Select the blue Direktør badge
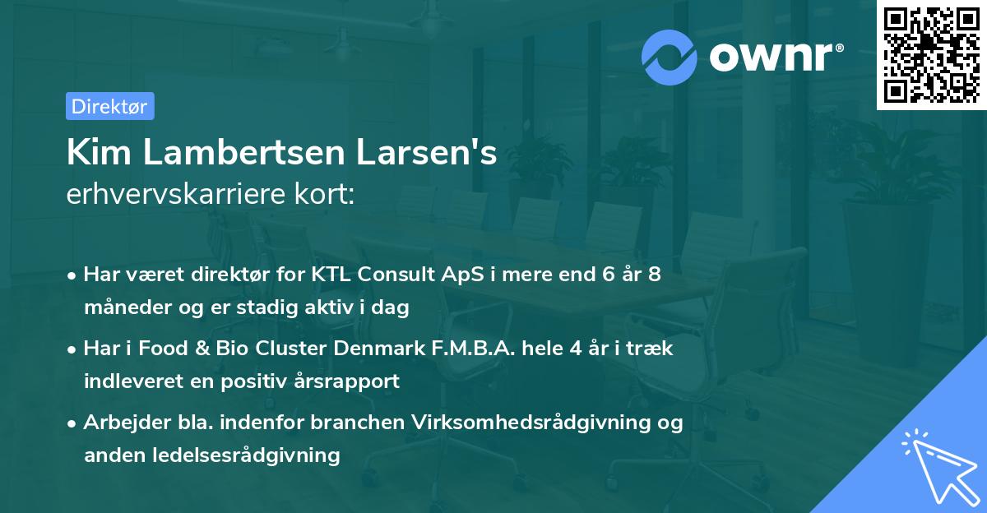[109, 106]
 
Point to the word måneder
[120, 307]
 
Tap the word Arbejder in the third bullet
[121, 423]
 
